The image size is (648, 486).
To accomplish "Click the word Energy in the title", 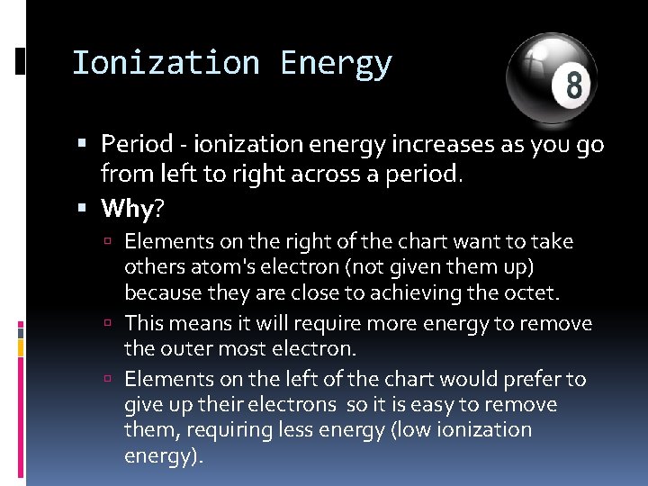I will pos(336,63).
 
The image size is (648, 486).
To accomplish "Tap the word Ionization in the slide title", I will pos(165,63).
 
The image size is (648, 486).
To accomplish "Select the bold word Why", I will pos(128,209).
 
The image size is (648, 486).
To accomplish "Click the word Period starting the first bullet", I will pos(137,144).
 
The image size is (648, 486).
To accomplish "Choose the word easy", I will pos(423,405).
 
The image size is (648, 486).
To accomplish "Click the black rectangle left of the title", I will pos(21,62).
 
